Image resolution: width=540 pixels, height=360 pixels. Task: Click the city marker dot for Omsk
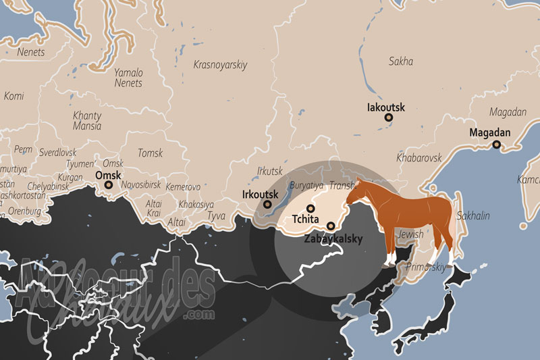coord(109,184)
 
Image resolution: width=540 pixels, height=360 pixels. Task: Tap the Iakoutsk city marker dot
coord(389,118)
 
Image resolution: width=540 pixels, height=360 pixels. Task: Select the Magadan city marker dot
coord(496,144)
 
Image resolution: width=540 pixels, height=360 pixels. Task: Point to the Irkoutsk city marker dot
coord(268,204)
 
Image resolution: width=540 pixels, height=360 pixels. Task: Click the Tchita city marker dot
coord(310,209)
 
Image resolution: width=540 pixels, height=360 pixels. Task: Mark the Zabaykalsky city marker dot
coord(331,226)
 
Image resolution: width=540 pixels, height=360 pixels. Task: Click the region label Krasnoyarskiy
coord(220,66)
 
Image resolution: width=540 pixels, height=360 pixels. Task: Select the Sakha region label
coord(401,61)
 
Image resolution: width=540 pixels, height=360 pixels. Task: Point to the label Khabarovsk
coord(419,157)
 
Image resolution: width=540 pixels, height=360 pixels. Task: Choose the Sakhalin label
coord(473,216)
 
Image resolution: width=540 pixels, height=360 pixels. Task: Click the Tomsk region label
coord(150,153)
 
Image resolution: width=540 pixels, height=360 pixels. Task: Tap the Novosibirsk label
coord(141,184)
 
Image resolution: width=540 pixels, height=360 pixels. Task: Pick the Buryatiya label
coord(306,185)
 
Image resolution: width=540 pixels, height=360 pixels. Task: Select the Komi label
coord(13,97)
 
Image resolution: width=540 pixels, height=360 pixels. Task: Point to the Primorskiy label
coord(426,267)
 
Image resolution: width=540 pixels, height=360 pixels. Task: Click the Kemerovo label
coord(183,186)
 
